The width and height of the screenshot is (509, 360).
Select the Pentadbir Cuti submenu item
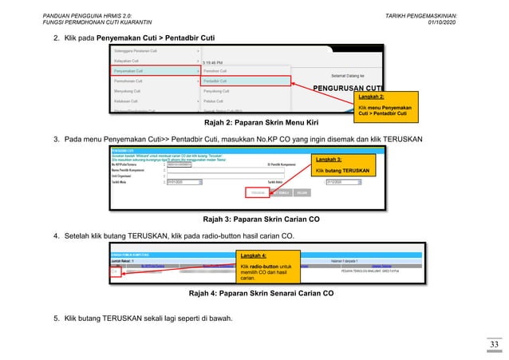[x=219, y=81]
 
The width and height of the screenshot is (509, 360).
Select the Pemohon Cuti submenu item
[x=219, y=70]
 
